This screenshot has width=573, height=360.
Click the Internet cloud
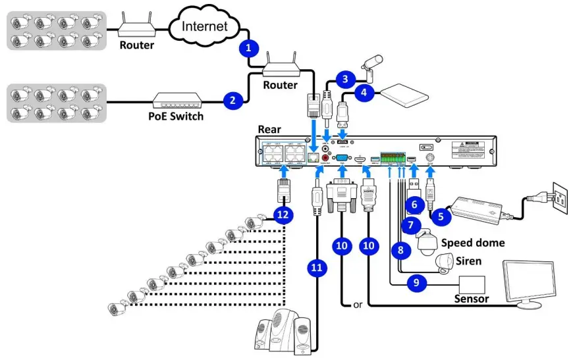coord(204,26)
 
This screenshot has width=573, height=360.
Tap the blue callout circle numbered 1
coord(248,47)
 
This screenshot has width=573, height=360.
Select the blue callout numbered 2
coord(232,100)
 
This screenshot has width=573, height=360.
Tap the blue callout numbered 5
coord(441,214)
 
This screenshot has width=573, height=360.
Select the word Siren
coord(468,261)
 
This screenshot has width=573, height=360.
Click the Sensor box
coord(472,284)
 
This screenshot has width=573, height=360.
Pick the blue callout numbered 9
coord(415,283)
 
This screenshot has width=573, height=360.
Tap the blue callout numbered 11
coord(317,268)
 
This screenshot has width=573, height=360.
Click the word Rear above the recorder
coord(270,129)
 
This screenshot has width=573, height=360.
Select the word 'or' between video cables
coord(358,305)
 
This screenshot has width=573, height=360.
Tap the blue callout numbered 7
coord(410,225)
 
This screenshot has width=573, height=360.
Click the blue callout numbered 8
coord(399,249)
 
